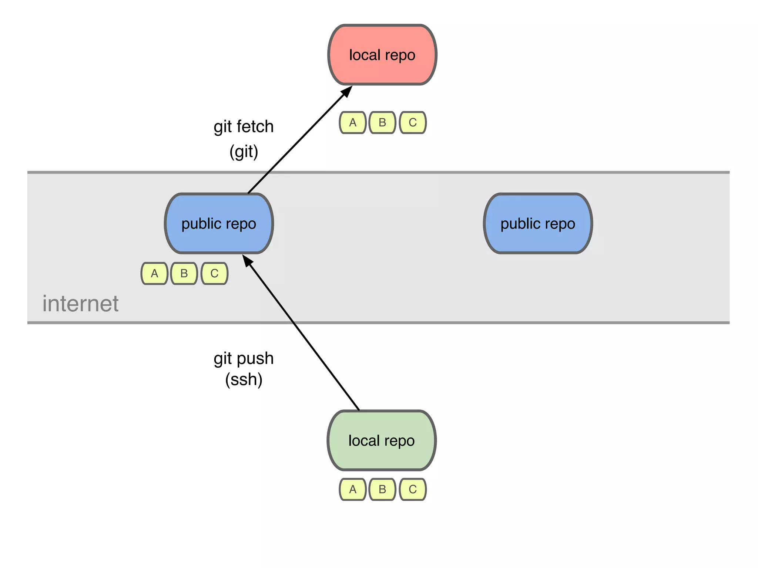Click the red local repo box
pos(382,55)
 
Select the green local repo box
pos(382,440)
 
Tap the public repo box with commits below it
pos(219,223)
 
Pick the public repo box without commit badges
pos(538,223)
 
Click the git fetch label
pos(244,126)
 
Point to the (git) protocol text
pos(244,152)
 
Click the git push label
pos(244,358)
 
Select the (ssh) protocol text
pos(244,379)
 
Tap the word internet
pos(80,304)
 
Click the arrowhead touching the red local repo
pos(347,91)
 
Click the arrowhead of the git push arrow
pos(247,260)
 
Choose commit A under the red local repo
pos(353,122)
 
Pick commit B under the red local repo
pos(382,122)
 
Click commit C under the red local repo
pos(413,122)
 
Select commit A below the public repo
pos(154,273)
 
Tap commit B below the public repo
pos(184,273)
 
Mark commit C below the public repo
pos(214,273)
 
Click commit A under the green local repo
pos(353,489)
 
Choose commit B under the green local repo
pos(382,489)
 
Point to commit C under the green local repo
pos(413,489)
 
